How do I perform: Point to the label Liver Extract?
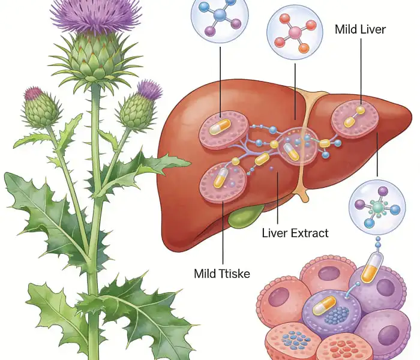click(x=295, y=233)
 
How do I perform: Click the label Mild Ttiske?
click(x=221, y=274)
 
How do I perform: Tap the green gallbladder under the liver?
click(x=246, y=216)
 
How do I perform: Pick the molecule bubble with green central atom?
click(x=377, y=206)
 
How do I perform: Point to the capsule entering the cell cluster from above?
click(x=373, y=266)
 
